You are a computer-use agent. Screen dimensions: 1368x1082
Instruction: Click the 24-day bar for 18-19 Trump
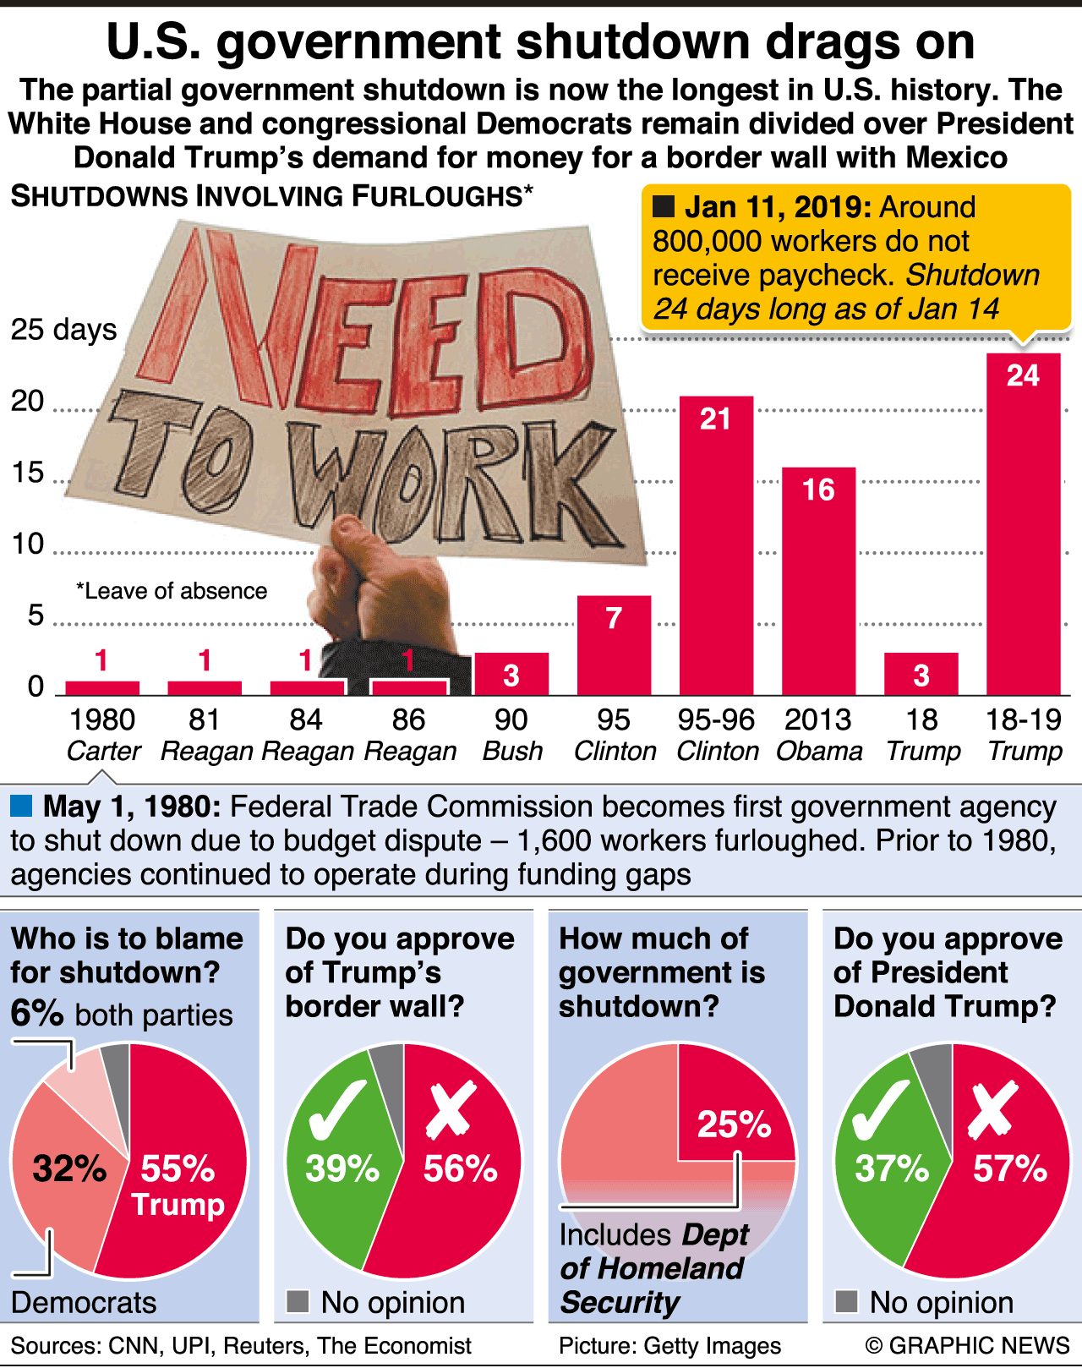point(1023,524)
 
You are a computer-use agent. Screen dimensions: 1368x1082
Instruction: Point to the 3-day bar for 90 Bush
point(511,674)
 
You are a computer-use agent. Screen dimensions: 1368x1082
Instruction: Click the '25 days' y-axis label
point(63,330)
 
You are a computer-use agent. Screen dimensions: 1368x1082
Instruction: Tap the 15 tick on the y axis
point(28,473)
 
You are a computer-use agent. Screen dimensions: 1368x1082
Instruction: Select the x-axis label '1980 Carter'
point(102,735)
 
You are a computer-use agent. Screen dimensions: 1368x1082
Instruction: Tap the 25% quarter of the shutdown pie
point(734,1108)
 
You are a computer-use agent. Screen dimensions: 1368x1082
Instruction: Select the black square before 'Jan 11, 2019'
point(664,206)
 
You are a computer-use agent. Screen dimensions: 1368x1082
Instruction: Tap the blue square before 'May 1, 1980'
point(21,806)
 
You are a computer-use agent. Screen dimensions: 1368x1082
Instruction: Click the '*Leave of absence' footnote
point(172,591)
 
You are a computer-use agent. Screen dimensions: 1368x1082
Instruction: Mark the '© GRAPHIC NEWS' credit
point(967,1345)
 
